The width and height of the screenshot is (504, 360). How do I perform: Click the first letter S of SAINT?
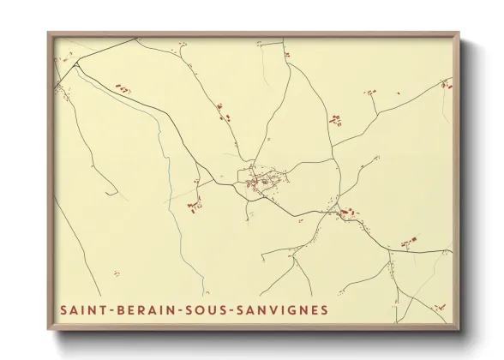coord(63,308)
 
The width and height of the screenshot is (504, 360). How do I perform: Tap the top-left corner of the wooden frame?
coord(49,34)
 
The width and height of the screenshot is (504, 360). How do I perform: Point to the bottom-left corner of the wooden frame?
coord(49,328)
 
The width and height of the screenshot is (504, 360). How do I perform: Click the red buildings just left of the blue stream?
coord(195,205)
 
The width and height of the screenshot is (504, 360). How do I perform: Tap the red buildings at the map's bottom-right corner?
coord(440,306)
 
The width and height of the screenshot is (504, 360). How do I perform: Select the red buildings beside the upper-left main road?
coord(125,88)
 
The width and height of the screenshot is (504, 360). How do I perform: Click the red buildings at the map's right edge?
coord(445,83)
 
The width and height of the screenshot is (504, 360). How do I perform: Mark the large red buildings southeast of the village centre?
coord(346,211)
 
